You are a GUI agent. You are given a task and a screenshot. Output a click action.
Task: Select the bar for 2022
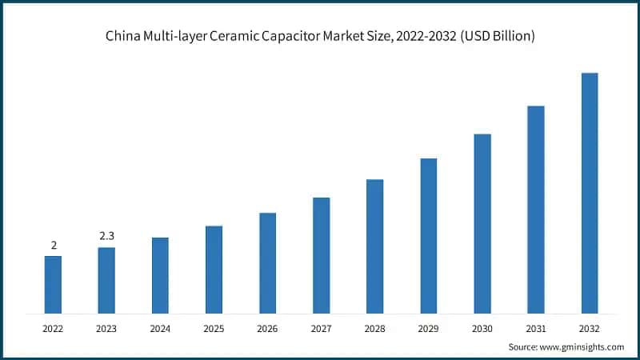[x=53, y=284]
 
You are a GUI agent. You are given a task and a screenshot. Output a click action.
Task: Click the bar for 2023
[x=106, y=280]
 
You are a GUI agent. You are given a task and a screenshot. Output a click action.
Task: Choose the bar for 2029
[x=428, y=235]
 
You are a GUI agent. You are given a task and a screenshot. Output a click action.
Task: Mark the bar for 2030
[x=482, y=223]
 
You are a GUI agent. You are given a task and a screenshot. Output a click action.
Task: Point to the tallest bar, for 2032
[x=590, y=193]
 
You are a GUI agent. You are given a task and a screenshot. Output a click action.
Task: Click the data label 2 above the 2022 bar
[x=54, y=246]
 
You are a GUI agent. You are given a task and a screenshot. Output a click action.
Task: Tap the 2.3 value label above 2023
[x=107, y=237]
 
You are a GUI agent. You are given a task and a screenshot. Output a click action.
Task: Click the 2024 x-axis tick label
[x=160, y=328]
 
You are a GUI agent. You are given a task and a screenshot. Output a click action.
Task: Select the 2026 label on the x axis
[x=267, y=328]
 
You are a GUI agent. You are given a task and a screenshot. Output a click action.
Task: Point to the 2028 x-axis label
[x=374, y=328]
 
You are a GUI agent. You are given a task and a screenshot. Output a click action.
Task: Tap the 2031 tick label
[x=536, y=328]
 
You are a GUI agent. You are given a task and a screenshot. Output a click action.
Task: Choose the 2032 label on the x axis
[x=590, y=328]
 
